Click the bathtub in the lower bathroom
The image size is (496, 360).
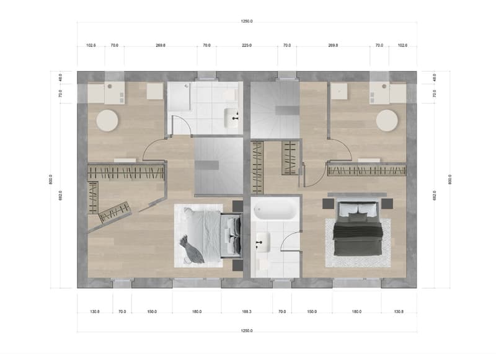pos(275,209)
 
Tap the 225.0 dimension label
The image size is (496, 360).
pos(247,45)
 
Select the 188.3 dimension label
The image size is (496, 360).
pos(247,312)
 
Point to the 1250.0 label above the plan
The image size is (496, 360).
pos(247,22)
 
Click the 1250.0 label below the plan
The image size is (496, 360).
pos(247,331)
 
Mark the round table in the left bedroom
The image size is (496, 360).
pos(107,120)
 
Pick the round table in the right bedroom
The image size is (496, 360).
pos(387,120)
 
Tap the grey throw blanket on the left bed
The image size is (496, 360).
pos(192,250)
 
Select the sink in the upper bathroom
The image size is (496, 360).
pos(231,118)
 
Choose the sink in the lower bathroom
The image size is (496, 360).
pos(263,242)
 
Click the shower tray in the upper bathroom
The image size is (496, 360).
pos(179,96)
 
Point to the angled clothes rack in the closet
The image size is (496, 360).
pos(115,213)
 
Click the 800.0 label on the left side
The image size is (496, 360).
pos(51,180)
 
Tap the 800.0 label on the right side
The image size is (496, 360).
pos(450,180)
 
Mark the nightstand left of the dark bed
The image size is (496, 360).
pos(329,204)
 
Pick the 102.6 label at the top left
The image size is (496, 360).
pos(91,45)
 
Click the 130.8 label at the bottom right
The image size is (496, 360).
pos(399,312)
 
